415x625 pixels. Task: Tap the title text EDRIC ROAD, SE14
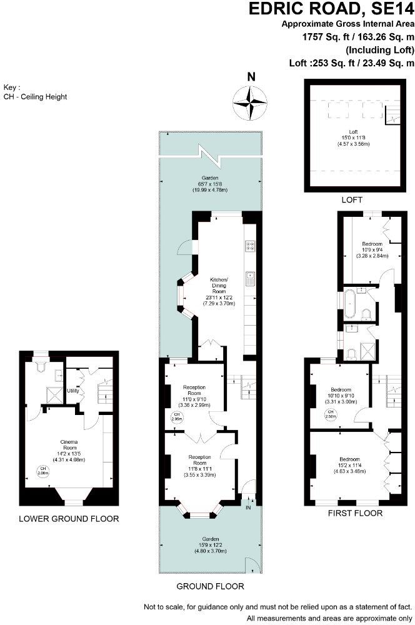[331, 9]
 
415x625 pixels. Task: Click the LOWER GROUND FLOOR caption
[69, 519]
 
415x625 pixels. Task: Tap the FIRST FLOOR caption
[355, 513]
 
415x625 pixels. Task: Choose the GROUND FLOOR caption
[211, 586]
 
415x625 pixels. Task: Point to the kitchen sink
[249, 277]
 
